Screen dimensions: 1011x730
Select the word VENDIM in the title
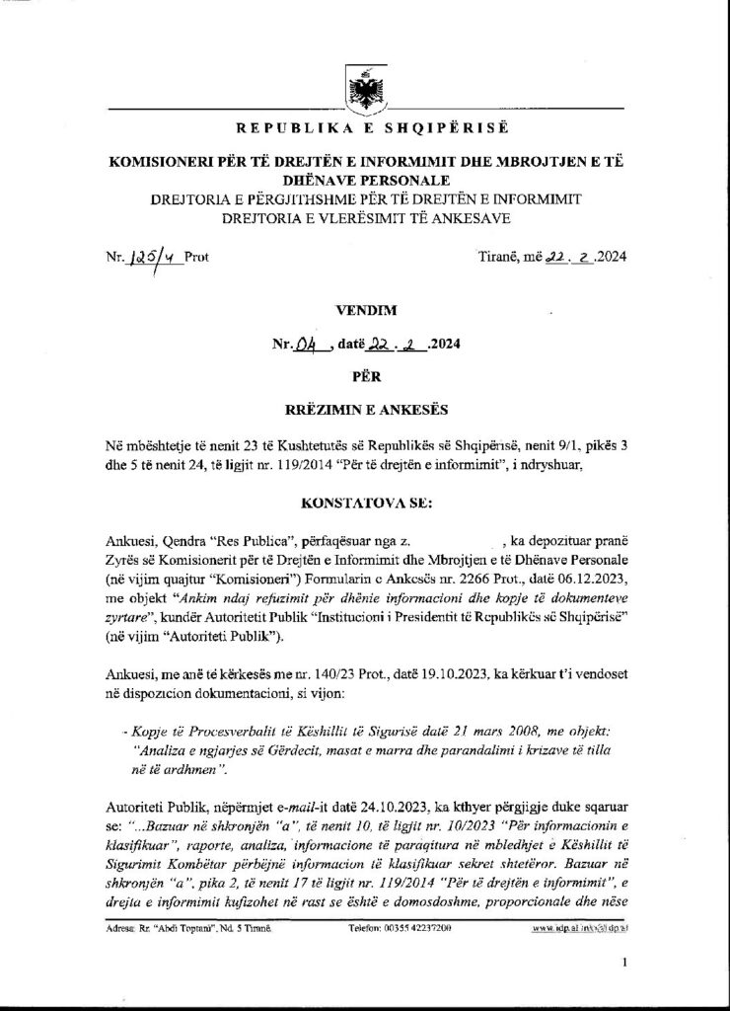point(365,309)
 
